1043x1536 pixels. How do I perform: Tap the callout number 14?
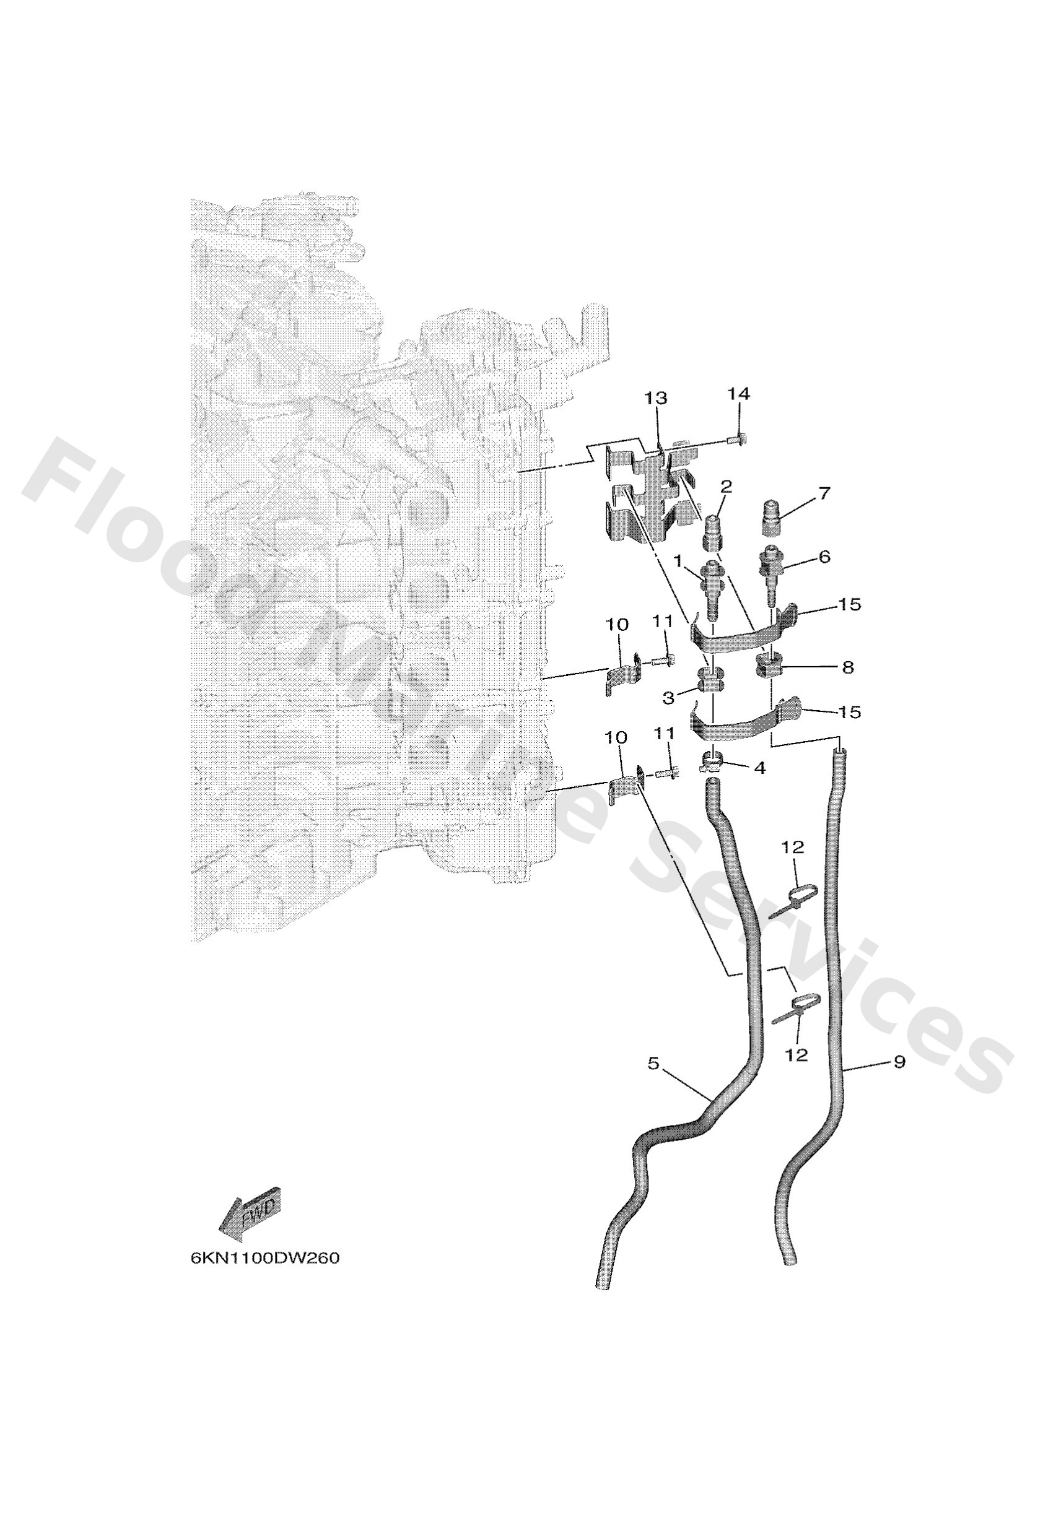click(738, 394)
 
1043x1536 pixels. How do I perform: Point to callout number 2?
click(726, 487)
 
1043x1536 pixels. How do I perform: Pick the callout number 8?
click(847, 667)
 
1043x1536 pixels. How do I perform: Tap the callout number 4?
click(759, 767)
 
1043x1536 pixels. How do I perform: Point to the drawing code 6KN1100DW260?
click(264, 1258)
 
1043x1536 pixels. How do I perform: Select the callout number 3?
click(669, 696)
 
